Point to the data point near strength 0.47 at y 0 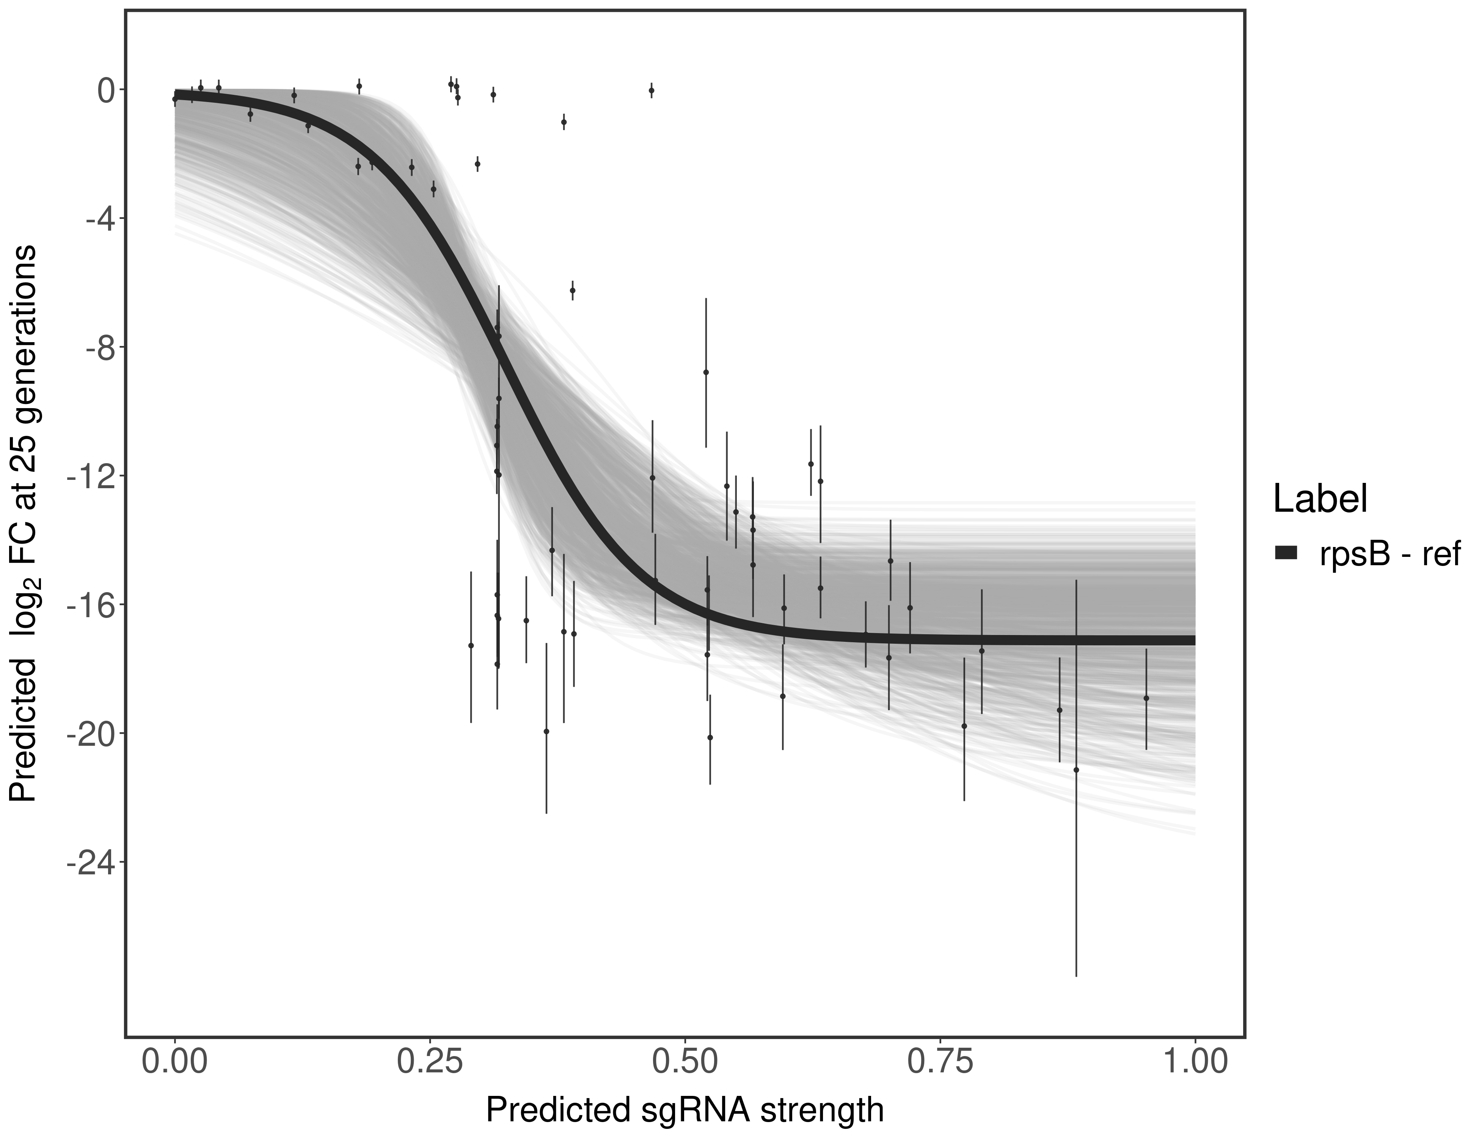(652, 90)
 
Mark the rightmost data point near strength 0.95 (1146, 698)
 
